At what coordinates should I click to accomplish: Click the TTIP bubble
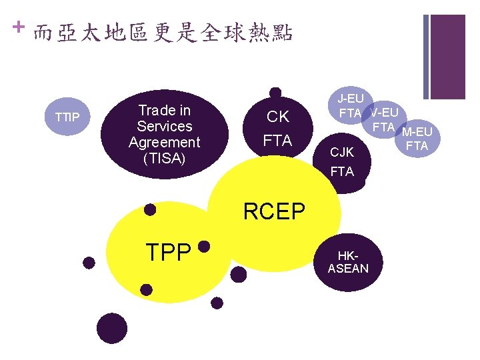[x=67, y=118]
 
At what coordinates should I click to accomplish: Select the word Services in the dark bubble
[x=164, y=126]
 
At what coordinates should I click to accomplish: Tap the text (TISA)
[x=164, y=159]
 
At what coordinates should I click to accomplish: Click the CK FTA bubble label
[x=277, y=129]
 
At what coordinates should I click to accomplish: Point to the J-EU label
[x=351, y=99]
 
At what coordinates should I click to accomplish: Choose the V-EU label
[x=384, y=113]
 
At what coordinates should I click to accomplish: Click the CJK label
[x=342, y=153]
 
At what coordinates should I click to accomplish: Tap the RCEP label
[x=274, y=211]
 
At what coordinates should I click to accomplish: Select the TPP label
[x=169, y=251]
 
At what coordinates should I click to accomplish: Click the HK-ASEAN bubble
[x=347, y=263]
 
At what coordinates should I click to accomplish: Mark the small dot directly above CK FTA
[x=275, y=93]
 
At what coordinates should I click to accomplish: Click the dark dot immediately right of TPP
[x=205, y=247]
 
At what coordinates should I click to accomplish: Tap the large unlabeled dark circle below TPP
[x=111, y=328]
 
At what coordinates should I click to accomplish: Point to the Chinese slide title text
[x=163, y=33]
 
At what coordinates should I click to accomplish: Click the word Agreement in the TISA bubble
[x=164, y=142]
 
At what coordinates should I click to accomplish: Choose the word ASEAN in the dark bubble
[x=347, y=269]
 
